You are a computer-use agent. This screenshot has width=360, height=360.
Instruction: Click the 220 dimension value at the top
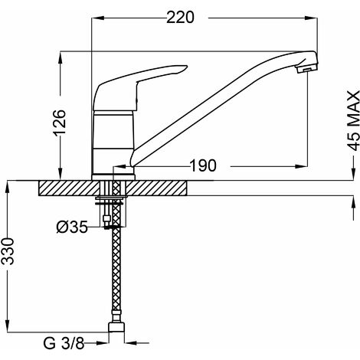coord(180,18)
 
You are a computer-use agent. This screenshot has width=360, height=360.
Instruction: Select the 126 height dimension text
coord(60,122)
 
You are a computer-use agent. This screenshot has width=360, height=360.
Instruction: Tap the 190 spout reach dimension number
coord(204,165)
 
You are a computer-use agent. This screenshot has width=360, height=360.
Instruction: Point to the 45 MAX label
coord(354,120)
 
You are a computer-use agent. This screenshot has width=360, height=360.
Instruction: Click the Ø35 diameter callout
coord(72,227)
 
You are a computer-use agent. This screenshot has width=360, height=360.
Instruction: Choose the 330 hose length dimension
coord(8,251)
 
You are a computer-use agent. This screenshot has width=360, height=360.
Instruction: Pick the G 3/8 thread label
coord(64,343)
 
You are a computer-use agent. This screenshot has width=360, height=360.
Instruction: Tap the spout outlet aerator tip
coord(306,68)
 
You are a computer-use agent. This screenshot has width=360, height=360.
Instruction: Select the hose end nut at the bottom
coord(116,327)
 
